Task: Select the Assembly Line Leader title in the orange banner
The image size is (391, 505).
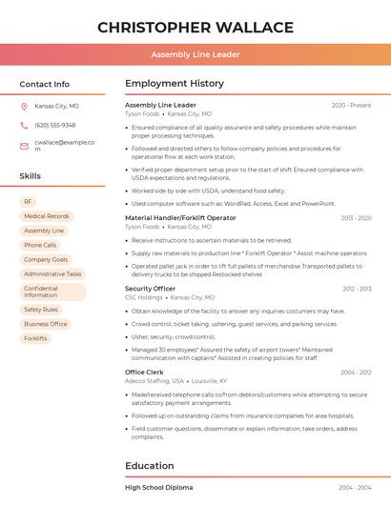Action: point(195,54)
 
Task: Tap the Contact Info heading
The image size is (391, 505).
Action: point(45,84)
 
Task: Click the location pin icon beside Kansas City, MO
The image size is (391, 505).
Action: point(24,107)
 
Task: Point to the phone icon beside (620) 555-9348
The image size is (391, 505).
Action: point(24,126)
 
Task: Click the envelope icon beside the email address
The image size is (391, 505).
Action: point(24,145)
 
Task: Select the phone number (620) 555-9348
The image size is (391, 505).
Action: point(54,126)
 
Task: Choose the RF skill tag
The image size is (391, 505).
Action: point(28,202)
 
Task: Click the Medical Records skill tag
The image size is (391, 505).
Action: point(47,216)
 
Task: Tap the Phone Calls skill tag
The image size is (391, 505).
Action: point(40,245)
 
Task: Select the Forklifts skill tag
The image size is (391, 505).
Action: point(35,338)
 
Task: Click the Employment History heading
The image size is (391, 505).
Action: point(175,84)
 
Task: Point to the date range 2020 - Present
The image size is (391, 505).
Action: point(351,105)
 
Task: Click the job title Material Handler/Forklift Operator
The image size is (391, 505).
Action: point(180,218)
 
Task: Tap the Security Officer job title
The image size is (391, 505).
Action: point(150,288)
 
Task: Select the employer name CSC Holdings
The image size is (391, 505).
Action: point(143,297)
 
